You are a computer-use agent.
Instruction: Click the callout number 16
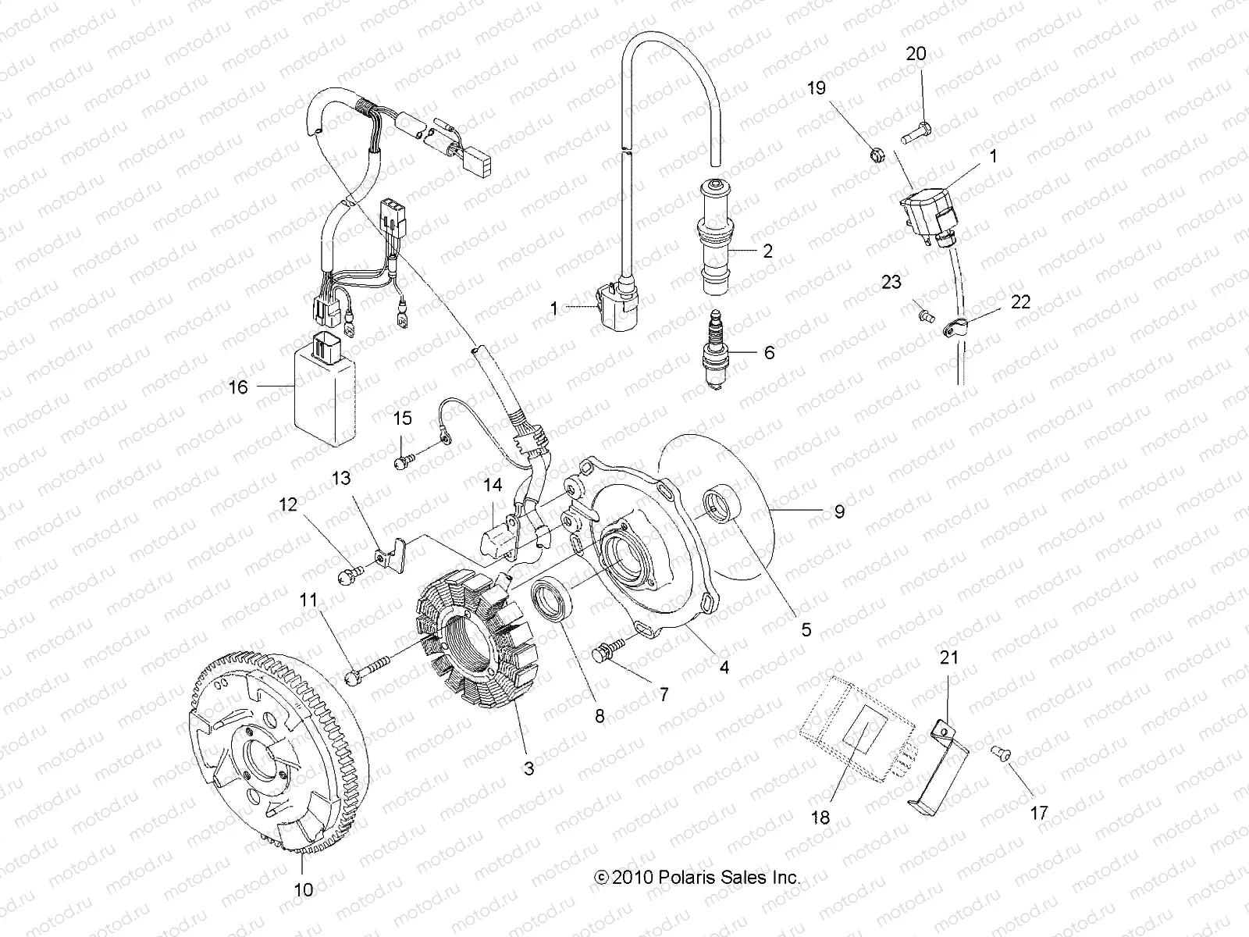pyautogui.click(x=238, y=386)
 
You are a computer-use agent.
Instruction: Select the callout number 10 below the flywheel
pyautogui.click(x=304, y=889)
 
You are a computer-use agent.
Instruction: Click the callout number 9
pyautogui.click(x=839, y=512)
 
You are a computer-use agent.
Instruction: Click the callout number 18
pyautogui.click(x=820, y=818)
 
